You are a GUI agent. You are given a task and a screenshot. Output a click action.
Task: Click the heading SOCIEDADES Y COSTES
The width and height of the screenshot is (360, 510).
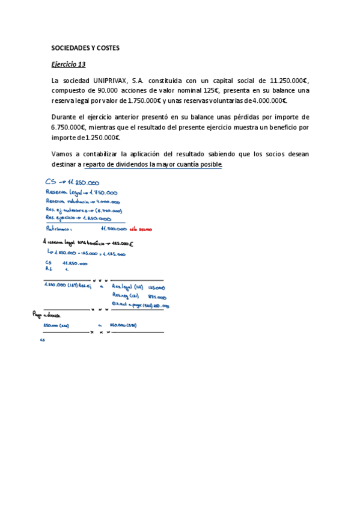85,48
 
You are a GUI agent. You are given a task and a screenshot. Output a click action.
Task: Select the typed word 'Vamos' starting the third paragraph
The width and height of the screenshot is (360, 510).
62,154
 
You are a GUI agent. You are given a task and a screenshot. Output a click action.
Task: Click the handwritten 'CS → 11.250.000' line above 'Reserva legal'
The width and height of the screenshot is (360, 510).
72,182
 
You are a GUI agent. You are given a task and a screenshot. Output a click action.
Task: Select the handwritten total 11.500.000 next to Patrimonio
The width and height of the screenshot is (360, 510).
113,229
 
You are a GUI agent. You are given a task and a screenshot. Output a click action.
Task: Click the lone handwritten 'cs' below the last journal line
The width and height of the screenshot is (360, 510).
43,340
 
